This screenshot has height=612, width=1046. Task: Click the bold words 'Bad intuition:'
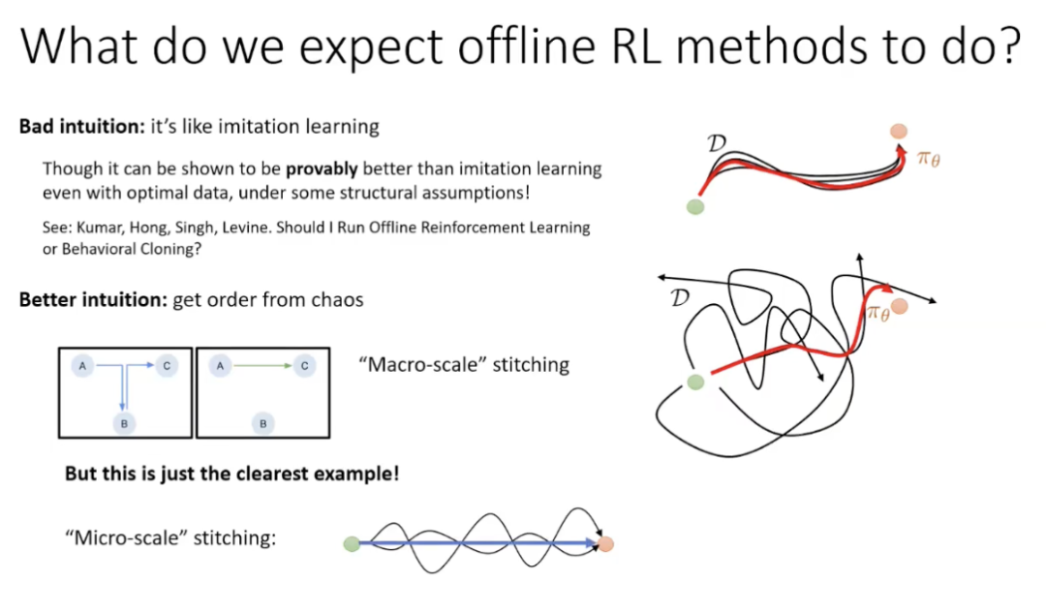pos(81,126)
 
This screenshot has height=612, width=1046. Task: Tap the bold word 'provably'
pos(322,169)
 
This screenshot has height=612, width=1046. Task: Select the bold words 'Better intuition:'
pos(93,299)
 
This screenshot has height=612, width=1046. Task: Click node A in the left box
pos(82,365)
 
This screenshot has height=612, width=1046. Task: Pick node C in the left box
pos(167,365)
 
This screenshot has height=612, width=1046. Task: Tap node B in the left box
pos(124,423)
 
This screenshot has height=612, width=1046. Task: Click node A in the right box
pos(220,365)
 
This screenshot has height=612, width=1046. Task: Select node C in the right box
pos(304,365)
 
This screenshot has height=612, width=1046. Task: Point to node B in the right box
pos(262,423)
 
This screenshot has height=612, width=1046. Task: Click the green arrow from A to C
pos(262,365)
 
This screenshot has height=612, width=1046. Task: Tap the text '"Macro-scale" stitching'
pos(464,365)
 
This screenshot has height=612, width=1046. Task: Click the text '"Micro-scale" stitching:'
pos(170,537)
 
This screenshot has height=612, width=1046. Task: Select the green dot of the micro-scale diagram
pos(352,544)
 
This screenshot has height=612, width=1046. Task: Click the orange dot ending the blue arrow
pos(605,544)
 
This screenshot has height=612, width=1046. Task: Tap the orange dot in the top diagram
pos(899,131)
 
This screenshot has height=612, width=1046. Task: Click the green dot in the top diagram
pos(695,206)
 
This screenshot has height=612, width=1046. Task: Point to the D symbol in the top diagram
pos(717,142)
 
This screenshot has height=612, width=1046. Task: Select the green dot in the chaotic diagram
pos(695,382)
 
